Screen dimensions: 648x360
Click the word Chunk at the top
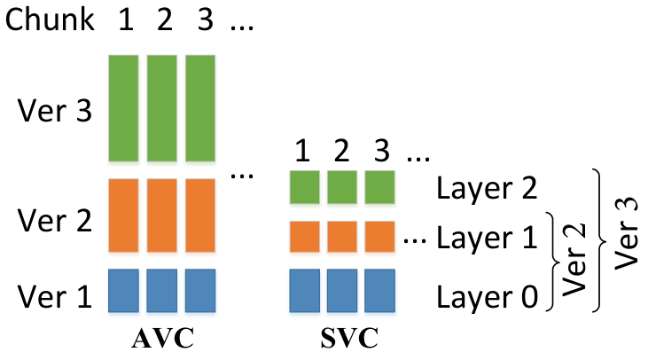[x=50, y=19]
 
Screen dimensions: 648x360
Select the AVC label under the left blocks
[x=162, y=338]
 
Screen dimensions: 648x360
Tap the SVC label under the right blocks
[x=349, y=338]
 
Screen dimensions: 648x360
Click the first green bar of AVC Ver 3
[x=123, y=108]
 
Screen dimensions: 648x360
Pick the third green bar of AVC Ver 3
[x=200, y=108]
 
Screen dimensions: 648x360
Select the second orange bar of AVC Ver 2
[x=161, y=215]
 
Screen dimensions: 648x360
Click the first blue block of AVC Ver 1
[x=123, y=291]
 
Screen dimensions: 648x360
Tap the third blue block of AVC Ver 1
[x=200, y=291]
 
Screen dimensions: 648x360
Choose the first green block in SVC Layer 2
[x=304, y=187]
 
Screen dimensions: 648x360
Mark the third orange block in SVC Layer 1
[x=379, y=237]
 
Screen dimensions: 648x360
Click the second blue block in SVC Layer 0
[x=342, y=291]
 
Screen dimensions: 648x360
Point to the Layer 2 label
[x=487, y=189]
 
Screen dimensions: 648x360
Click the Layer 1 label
[x=487, y=238]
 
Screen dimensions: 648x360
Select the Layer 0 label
[x=488, y=296]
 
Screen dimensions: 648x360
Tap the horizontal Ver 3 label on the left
[x=55, y=111]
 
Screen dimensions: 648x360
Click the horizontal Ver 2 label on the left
[x=55, y=220]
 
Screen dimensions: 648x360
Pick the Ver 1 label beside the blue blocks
[x=55, y=296]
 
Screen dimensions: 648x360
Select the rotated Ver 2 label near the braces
[x=574, y=260]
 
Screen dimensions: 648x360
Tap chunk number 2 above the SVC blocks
[x=341, y=152]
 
